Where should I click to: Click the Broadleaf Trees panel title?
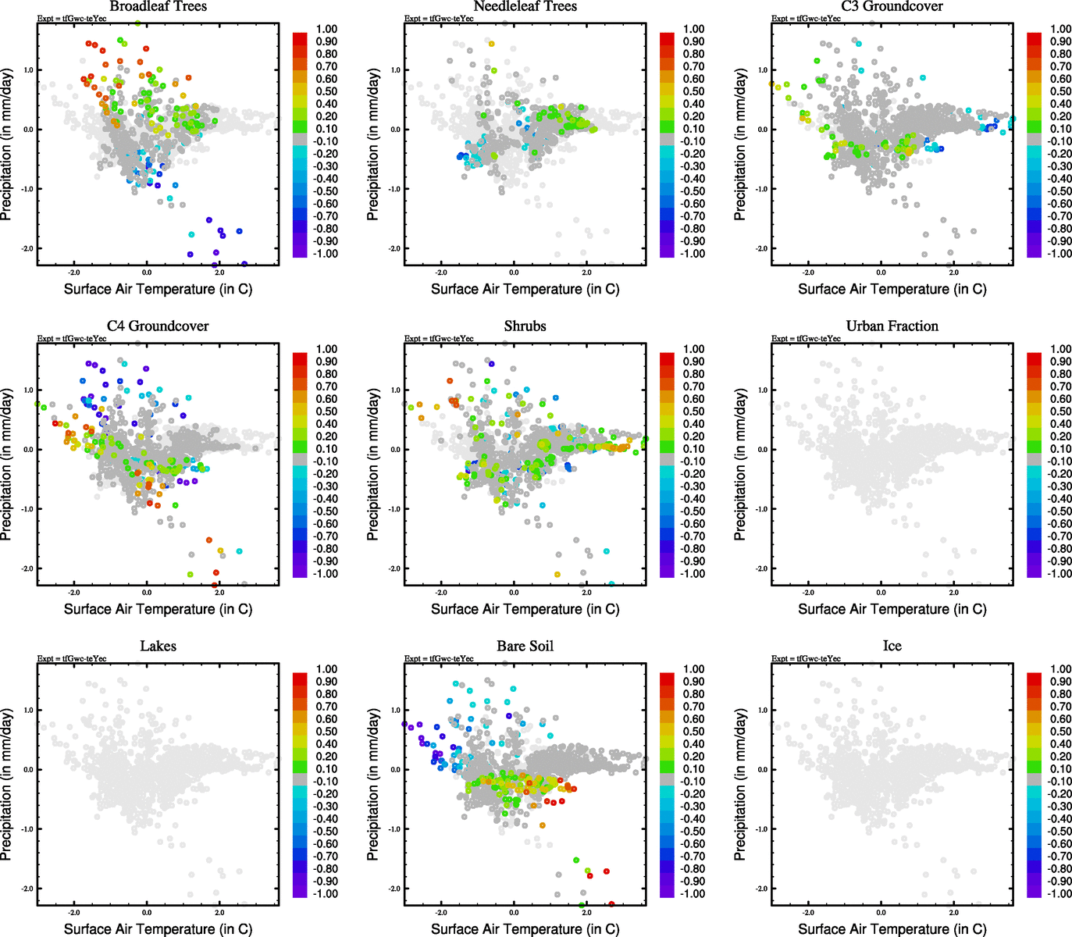(x=158, y=6)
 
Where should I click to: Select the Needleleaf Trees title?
(x=525, y=6)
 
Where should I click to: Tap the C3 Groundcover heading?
(x=892, y=6)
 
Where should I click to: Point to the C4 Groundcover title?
(x=158, y=326)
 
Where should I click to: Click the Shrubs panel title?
(x=525, y=326)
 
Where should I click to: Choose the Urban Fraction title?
(x=892, y=326)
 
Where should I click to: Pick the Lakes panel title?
(x=158, y=647)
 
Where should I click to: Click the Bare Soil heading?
(x=525, y=647)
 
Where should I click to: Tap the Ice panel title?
(x=892, y=647)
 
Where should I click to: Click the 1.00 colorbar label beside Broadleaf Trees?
(x=326, y=29)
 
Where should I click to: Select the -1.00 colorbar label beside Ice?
(x=1059, y=894)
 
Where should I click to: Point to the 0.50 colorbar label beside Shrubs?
(x=693, y=411)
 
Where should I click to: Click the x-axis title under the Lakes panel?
(x=158, y=929)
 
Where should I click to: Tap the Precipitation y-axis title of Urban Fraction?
(x=740, y=465)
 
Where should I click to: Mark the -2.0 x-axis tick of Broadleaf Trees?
(x=74, y=273)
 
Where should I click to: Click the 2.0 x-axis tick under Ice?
(x=954, y=913)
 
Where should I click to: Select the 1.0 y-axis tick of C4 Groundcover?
(x=27, y=390)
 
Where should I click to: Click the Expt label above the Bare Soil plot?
(x=439, y=659)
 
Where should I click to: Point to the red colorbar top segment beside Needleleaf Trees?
(x=667, y=38)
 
